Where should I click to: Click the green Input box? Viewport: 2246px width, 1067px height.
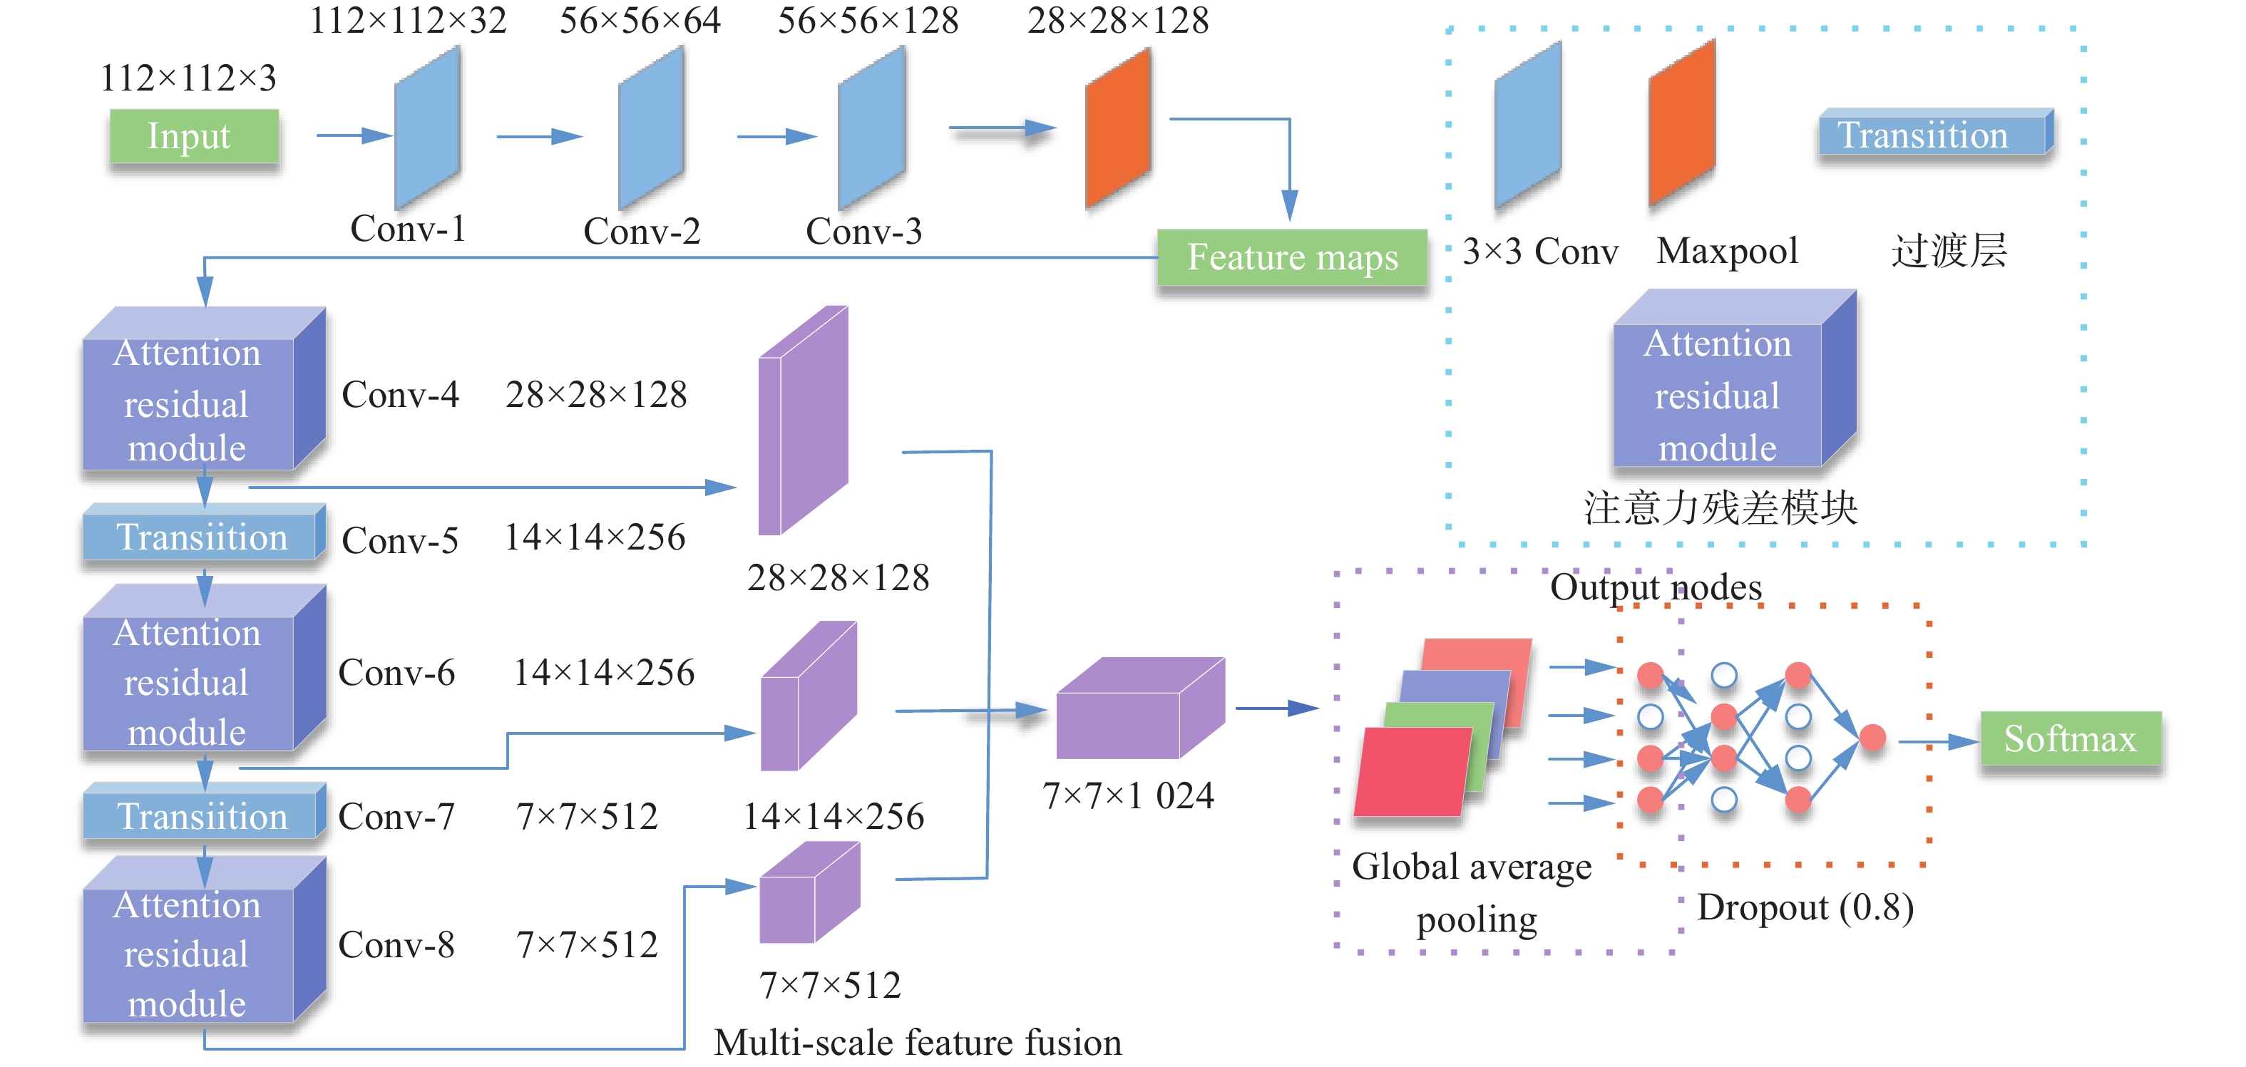coord(193,136)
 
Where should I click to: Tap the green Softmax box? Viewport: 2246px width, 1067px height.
coord(2070,739)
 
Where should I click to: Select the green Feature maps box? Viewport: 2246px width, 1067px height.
coord(1291,258)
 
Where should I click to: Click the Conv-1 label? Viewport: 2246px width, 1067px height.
coord(408,230)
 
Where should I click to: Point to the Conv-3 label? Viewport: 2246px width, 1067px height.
coord(863,232)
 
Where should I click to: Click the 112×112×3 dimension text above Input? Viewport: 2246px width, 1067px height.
coord(188,78)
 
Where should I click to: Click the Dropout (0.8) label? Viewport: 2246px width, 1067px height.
coord(1805,907)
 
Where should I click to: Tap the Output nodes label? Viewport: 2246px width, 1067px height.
coord(1655,587)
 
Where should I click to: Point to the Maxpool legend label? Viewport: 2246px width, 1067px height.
coord(1727,251)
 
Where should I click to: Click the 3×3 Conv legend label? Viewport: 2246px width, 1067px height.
coord(1540,252)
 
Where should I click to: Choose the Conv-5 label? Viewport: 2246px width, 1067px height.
coord(400,540)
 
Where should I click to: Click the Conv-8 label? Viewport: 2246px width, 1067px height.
coord(396,945)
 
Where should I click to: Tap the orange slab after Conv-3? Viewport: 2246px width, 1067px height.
coord(1118,128)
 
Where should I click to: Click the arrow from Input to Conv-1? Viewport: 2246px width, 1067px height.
coord(353,136)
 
